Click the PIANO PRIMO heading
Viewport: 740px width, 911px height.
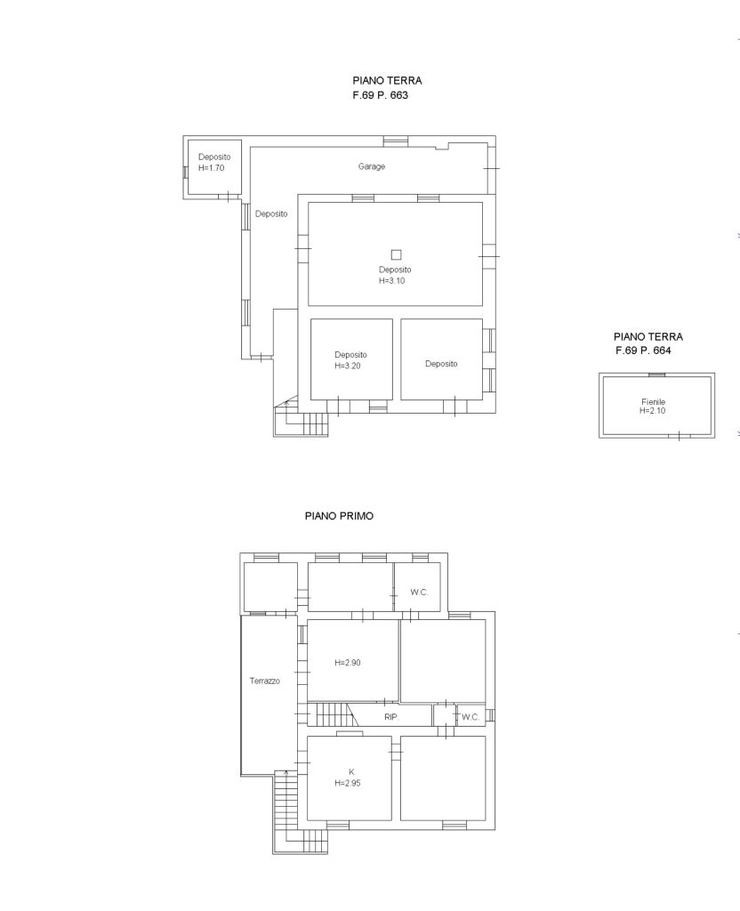(x=339, y=516)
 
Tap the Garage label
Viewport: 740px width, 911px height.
(x=372, y=166)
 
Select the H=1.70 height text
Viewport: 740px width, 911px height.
(x=212, y=168)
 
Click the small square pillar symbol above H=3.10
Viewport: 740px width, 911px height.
(x=396, y=254)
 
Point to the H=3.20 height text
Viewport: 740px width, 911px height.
(x=348, y=366)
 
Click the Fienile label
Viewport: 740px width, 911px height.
(x=654, y=401)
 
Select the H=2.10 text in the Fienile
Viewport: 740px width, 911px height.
(x=653, y=411)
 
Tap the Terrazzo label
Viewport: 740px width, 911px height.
(x=265, y=681)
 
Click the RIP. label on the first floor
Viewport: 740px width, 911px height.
(x=391, y=718)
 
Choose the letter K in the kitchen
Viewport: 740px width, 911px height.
(x=351, y=772)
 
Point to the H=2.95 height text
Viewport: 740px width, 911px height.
(x=348, y=783)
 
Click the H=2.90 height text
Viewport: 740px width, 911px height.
(x=348, y=663)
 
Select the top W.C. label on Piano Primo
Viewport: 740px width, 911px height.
(x=419, y=593)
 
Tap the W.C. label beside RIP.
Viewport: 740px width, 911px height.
(x=471, y=718)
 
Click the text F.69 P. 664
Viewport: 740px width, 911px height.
(x=644, y=351)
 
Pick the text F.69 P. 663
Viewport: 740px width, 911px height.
(x=381, y=95)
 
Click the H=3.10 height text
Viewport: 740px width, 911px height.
(x=392, y=281)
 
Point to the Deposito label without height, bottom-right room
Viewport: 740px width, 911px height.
(x=441, y=364)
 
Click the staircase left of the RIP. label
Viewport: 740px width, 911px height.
(x=331, y=714)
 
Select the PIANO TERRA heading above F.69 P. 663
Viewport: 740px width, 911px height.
(x=388, y=81)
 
